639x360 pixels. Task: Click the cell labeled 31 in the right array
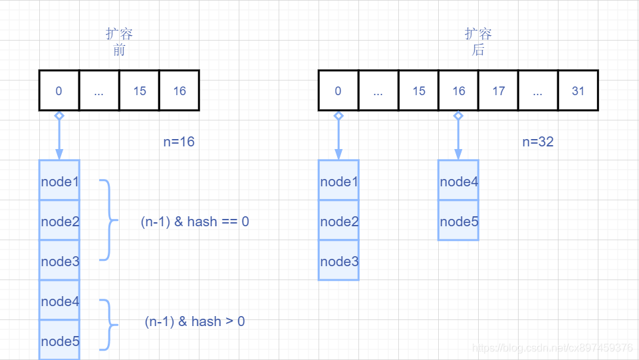tap(578, 90)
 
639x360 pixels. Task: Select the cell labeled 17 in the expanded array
tap(498, 90)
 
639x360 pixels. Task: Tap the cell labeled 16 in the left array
tap(180, 90)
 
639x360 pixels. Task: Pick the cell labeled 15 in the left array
tap(139, 90)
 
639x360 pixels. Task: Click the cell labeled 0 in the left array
tap(59, 90)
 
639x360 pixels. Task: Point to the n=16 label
tap(179, 142)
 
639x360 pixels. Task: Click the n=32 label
tap(538, 142)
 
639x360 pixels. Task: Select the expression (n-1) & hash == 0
tap(195, 222)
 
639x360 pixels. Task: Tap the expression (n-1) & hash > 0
tap(195, 321)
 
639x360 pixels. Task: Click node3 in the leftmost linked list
tap(60, 261)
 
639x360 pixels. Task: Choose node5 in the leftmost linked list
tap(60, 341)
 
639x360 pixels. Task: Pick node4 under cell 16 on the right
tap(458, 181)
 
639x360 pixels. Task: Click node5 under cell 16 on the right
tap(458, 221)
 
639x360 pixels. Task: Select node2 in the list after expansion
tap(338, 221)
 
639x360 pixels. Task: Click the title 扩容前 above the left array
tap(120, 41)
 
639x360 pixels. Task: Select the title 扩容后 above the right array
tap(478, 41)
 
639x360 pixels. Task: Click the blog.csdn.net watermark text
tap(552, 348)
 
